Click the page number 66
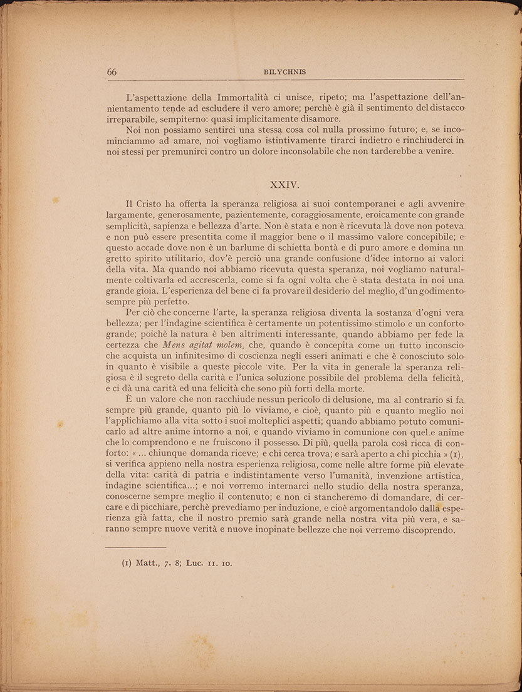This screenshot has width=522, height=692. pos(112,72)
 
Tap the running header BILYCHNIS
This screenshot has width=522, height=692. pos(285,72)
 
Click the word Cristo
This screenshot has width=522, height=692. pos(159,204)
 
